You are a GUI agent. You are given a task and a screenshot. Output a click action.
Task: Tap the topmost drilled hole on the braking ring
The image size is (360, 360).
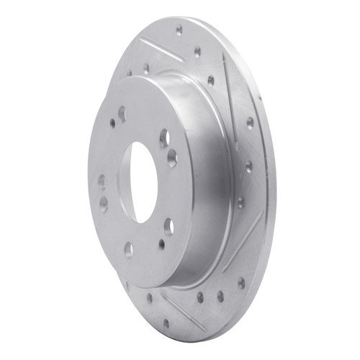(179, 30)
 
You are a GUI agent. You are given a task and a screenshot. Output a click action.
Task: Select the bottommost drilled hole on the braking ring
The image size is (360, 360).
(166, 323)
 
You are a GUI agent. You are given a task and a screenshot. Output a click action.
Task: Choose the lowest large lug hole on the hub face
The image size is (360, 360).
(128, 249)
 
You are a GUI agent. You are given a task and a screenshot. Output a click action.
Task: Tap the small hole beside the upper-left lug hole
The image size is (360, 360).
(112, 123)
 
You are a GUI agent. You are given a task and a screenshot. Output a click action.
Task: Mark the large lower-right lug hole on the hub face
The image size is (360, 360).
(168, 227)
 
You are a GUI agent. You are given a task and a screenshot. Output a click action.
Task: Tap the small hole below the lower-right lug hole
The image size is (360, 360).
(161, 244)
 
